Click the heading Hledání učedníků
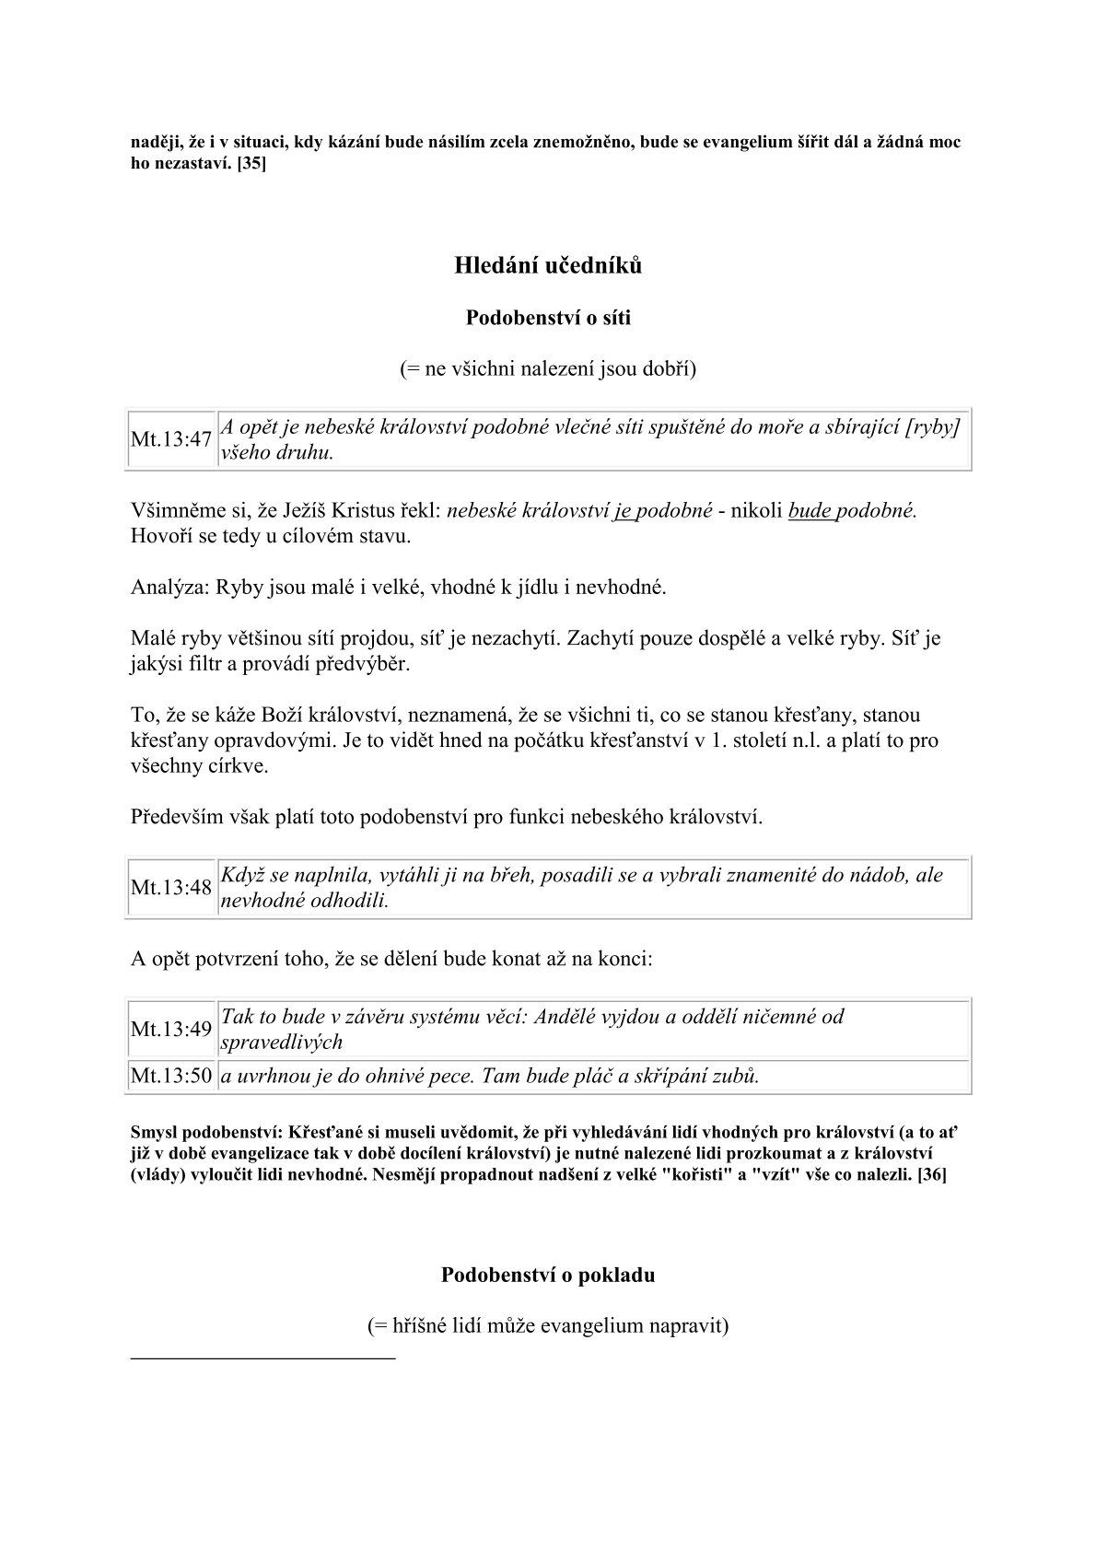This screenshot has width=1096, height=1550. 548,266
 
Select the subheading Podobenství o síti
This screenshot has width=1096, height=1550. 548,319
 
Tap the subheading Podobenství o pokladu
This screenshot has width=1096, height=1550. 548,1276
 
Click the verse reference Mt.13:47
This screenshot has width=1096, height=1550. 171,439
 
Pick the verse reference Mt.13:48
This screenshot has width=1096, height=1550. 171,888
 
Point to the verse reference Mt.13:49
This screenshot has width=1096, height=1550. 171,1029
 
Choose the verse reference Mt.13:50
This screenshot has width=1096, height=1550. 171,1076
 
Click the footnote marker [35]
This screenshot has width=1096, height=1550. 251,163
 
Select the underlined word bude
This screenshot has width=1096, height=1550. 810,511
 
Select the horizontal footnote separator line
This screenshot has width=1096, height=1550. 263,1358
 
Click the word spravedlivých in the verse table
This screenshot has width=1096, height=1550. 282,1043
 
